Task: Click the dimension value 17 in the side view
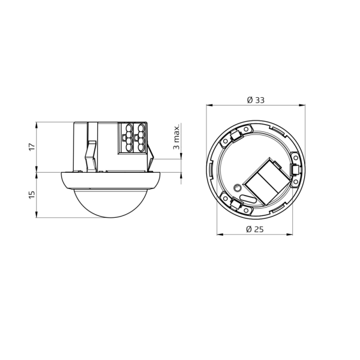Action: (x=32, y=147)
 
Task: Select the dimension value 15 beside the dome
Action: (x=32, y=195)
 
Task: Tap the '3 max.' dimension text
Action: (x=176, y=137)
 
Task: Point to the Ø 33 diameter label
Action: (x=256, y=100)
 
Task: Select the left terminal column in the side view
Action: (x=128, y=138)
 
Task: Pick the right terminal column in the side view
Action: (x=140, y=138)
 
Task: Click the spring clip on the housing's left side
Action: (x=91, y=155)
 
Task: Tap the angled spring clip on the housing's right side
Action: (x=152, y=157)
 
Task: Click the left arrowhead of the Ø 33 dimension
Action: (x=209, y=106)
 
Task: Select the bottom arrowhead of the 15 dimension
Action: (x=37, y=216)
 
